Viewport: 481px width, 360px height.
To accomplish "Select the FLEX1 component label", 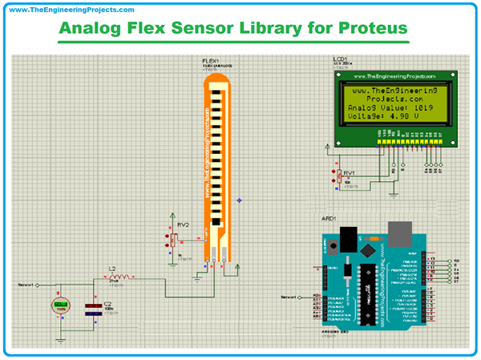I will pos(211,60).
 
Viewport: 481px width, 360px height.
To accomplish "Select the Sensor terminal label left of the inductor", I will pos(26,285).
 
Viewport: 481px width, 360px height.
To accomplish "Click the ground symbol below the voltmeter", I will pos(61,338).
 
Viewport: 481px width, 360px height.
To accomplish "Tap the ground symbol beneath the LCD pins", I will pos(394,192).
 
